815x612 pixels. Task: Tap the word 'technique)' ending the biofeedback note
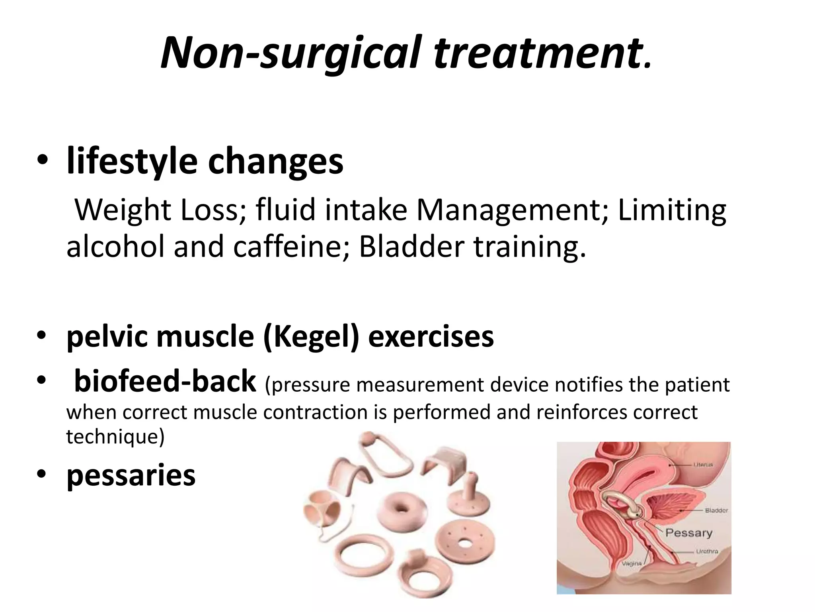[x=115, y=437]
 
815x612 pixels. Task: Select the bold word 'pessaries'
[x=131, y=475]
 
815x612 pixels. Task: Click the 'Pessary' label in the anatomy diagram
[x=688, y=533]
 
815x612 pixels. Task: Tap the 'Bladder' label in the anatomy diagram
[x=716, y=510]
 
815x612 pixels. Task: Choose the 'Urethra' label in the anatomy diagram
[x=707, y=551]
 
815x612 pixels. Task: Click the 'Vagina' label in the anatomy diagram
[x=632, y=563]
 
